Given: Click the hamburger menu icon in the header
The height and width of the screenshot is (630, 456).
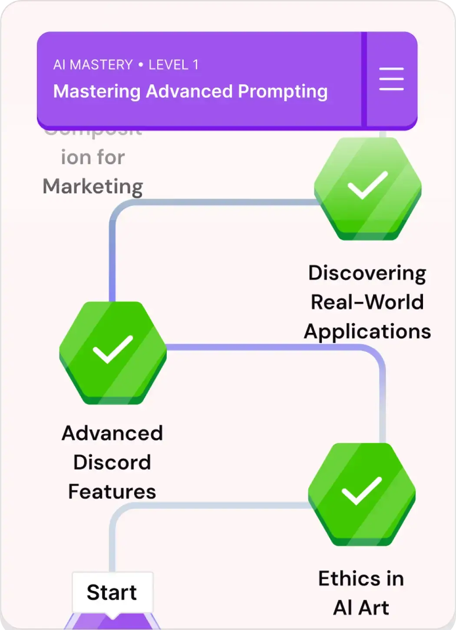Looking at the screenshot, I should click(x=391, y=79).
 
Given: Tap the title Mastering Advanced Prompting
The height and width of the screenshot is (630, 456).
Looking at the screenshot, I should click(x=190, y=91).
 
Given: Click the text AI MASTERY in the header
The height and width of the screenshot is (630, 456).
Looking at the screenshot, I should click(x=93, y=65).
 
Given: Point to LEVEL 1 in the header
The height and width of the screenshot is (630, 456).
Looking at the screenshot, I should click(x=174, y=65).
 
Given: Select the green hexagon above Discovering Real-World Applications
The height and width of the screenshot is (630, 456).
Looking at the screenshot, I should click(x=368, y=188).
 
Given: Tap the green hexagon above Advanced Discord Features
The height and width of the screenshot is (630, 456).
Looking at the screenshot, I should click(x=113, y=352).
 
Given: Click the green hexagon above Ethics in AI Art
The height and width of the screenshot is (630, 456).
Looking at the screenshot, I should click(x=362, y=494).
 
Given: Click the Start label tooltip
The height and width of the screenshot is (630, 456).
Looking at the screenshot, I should click(x=112, y=592).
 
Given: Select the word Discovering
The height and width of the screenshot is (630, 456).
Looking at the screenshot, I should click(x=367, y=273).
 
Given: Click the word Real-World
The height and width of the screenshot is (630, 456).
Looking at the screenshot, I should click(x=367, y=302).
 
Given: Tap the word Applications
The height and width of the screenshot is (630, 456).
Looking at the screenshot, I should click(x=367, y=331).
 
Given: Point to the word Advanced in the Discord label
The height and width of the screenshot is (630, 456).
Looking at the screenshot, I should click(x=112, y=433).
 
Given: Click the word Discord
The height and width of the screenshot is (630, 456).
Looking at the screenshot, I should click(x=112, y=462).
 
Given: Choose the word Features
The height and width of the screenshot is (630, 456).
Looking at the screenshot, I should click(x=112, y=491).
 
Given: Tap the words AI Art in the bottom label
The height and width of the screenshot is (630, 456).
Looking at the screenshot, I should click(x=361, y=607).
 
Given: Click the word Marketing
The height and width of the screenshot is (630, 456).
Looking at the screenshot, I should click(x=93, y=186).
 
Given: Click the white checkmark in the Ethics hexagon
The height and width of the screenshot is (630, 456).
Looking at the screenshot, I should click(x=361, y=491).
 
